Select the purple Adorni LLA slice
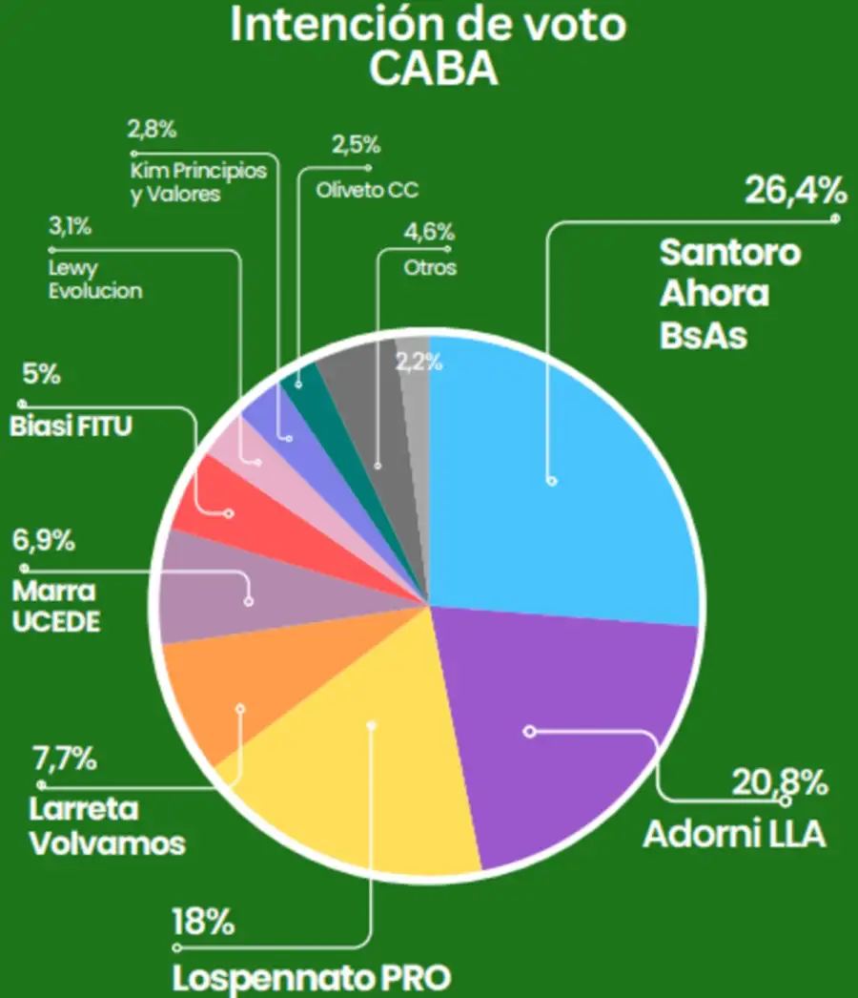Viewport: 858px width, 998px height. (572, 735)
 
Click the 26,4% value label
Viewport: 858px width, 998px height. (796, 192)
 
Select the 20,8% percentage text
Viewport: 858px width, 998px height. (779, 783)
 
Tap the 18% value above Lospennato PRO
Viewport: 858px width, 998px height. (203, 923)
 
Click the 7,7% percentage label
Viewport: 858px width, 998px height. (65, 760)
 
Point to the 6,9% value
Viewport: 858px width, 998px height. (44, 541)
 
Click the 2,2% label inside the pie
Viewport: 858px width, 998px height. (412, 363)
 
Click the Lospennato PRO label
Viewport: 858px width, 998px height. (311, 978)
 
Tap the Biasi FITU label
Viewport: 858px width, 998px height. (71, 426)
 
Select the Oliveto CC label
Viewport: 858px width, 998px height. (367, 189)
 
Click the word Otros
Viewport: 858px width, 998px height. (430, 268)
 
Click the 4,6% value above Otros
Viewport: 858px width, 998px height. (429, 233)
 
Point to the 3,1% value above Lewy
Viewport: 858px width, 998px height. (70, 227)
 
